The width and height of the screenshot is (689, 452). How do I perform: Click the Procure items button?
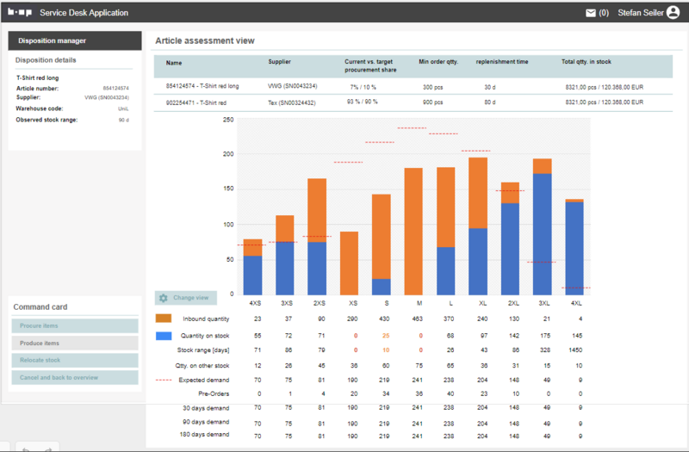click(x=75, y=325)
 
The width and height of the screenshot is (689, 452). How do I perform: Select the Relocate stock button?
click(x=75, y=360)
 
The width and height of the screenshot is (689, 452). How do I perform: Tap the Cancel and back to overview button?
click(x=75, y=377)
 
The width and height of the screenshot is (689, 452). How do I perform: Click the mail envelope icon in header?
click(x=591, y=13)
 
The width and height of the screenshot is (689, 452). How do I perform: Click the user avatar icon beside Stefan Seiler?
click(x=673, y=13)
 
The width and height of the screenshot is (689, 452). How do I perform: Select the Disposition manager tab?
click(x=75, y=40)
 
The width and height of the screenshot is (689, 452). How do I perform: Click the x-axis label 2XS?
click(x=319, y=303)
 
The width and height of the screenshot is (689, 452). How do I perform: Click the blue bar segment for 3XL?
click(x=542, y=233)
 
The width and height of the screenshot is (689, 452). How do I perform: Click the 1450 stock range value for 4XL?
click(x=574, y=350)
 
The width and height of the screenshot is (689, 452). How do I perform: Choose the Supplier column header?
click(x=280, y=63)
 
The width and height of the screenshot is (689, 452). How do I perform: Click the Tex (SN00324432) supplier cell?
click(x=292, y=102)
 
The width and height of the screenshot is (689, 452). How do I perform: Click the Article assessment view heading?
click(x=204, y=40)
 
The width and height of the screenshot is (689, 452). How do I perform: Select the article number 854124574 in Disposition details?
click(x=115, y=88)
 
